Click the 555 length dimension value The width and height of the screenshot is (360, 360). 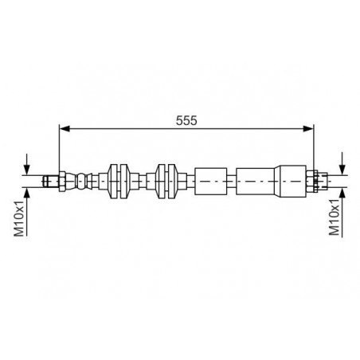(x=186, y=120)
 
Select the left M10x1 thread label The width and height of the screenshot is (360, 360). (x=19, y=218)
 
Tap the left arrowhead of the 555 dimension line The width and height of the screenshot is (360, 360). (x=65, y=129)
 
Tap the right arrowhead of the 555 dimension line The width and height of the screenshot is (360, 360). (x=308, y=129)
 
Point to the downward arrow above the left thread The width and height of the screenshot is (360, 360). (x=26, y=164)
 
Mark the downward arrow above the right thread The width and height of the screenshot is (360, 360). (x=342, y=163)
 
